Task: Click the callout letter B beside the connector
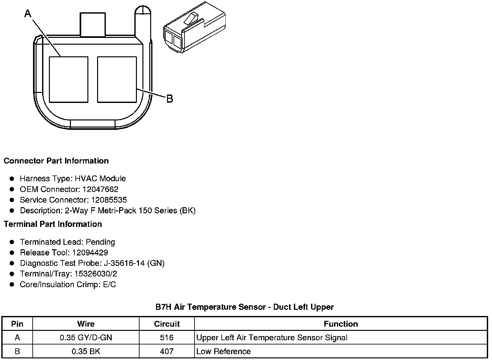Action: click(170, 99)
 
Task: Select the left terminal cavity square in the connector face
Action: click(69, 80)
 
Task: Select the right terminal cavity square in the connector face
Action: click(117, 80)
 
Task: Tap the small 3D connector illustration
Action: click(195, 27)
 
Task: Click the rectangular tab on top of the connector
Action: click(93, 24)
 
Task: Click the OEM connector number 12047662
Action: click(100, 189)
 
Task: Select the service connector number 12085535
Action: click(109, 200)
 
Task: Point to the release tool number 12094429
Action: click(90, 253)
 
